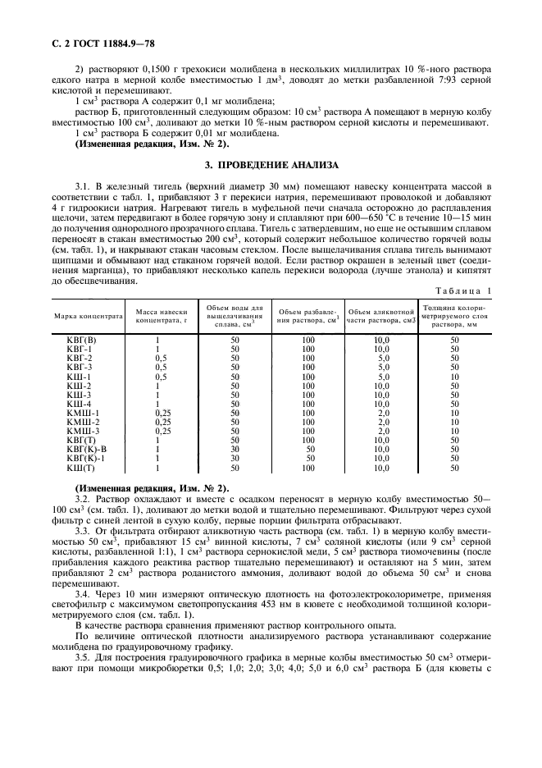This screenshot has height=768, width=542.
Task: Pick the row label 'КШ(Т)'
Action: point(80,468)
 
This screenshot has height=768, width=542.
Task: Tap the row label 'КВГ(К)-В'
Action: point(86,450)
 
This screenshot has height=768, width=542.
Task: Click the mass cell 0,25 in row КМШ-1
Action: point(162,413)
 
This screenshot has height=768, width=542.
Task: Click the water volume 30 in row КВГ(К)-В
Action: point(235,450)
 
